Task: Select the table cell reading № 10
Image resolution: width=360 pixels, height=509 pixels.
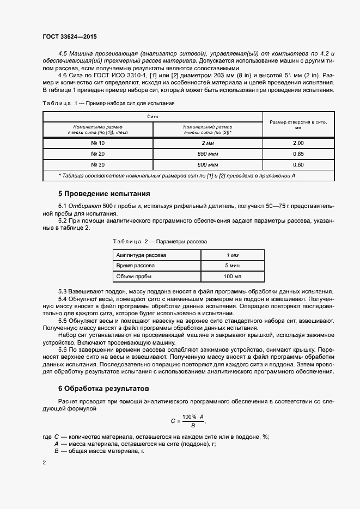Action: point(98,143)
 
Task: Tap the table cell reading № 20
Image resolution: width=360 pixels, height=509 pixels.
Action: point(98,154)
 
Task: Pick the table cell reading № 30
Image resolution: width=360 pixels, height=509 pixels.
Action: point(98,164)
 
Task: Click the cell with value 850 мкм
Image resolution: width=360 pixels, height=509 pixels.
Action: point(208,154)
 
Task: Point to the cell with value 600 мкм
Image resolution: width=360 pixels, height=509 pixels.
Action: point(208,164)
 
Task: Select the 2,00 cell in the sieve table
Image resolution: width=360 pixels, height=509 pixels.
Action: point(298,143)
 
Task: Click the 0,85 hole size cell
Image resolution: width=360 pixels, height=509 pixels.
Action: point(298,154)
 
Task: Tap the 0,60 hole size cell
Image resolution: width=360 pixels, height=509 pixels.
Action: point(298,164)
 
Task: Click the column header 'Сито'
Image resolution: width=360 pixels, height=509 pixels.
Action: point(152,116)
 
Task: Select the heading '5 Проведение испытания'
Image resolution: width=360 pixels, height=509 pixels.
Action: point(104,194)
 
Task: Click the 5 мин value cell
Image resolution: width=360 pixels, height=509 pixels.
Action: point(232,266)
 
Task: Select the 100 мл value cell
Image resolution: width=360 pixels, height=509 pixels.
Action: point(232,277)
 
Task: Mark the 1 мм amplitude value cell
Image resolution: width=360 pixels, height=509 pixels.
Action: point(232,255)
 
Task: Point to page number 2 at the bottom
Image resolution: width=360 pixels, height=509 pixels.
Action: point(44,463)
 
